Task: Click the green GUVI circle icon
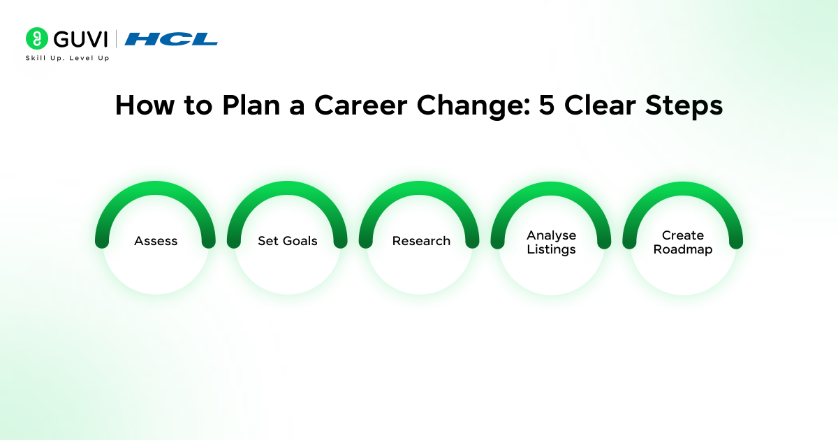pyautogui.click(x=36, y=38)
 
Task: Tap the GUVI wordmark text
pyautogui.click(x=80, y=39)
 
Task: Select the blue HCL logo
pyautogui.click(x=171, y=39)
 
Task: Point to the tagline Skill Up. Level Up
pyautogui.click(x=67, y=58)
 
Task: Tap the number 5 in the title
pyautogui.click(x=547, y=105)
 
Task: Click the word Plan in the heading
pyautogui.click(x=251, y=105)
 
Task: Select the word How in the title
pyautogui.click(x=145, y=105)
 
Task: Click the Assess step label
pyautogui.click(x=156, y=241)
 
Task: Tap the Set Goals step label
pyautogui.click(x=287, y=241)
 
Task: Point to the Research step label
pyautogui.click(x=421, y=241)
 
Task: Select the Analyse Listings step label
pyautogui.click(x=551, y=242)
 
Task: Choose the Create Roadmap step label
pyautogui.click(x=683, y=242)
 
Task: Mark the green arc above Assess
pyautogui.click(x=155, y=188)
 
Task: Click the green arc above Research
pyautogui.click(x=419, y=188)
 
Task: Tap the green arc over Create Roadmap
pyautogui.click(x=683, y=189)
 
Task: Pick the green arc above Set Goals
pyautogui.click(x=287, y=188)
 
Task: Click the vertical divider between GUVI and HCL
pyautogui.click(x=116, y=39)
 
